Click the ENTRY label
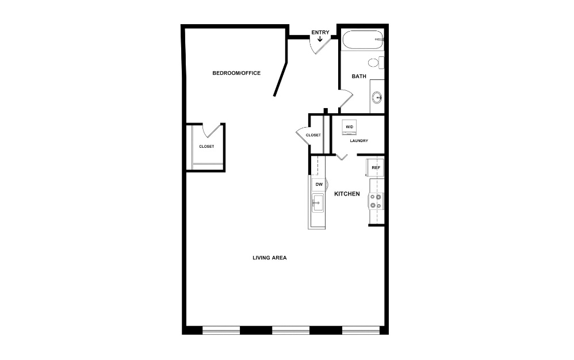tap(320, 33)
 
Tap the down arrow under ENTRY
tap(320, 39)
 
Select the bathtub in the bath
tap(363, 40)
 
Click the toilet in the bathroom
tap(376, 63)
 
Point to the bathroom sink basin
tap(377, 98)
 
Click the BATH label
tap(359, 76)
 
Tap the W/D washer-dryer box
tap(350, 127)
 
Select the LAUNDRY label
tap(359, 141)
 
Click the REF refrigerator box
tap(376, 168)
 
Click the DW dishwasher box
tap(319, 185)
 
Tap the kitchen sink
tap(317, 203)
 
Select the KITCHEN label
tap(347, 194)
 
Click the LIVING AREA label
tap(269, 258)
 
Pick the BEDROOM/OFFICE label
tap(236, 73)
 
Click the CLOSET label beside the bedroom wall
tap(206, 147)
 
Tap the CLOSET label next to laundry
tap(313, 135)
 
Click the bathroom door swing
tap(346, 99)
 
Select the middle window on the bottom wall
tap(290, 330)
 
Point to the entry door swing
tap(321, 45)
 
